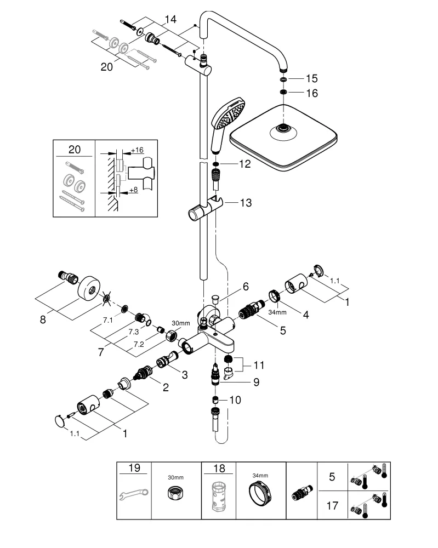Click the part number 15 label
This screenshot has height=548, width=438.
(311, 79)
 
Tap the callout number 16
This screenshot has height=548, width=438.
(311, 93)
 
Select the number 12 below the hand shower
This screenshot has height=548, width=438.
(244, 164)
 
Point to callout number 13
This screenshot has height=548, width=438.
(245, 203)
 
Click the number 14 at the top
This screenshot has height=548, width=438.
(170, 19)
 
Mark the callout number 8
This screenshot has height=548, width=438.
(43, 319)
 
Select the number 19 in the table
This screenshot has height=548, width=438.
(134, 468)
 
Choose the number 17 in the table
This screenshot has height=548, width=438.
(332, 505)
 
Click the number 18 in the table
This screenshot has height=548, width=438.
(218, 468)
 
